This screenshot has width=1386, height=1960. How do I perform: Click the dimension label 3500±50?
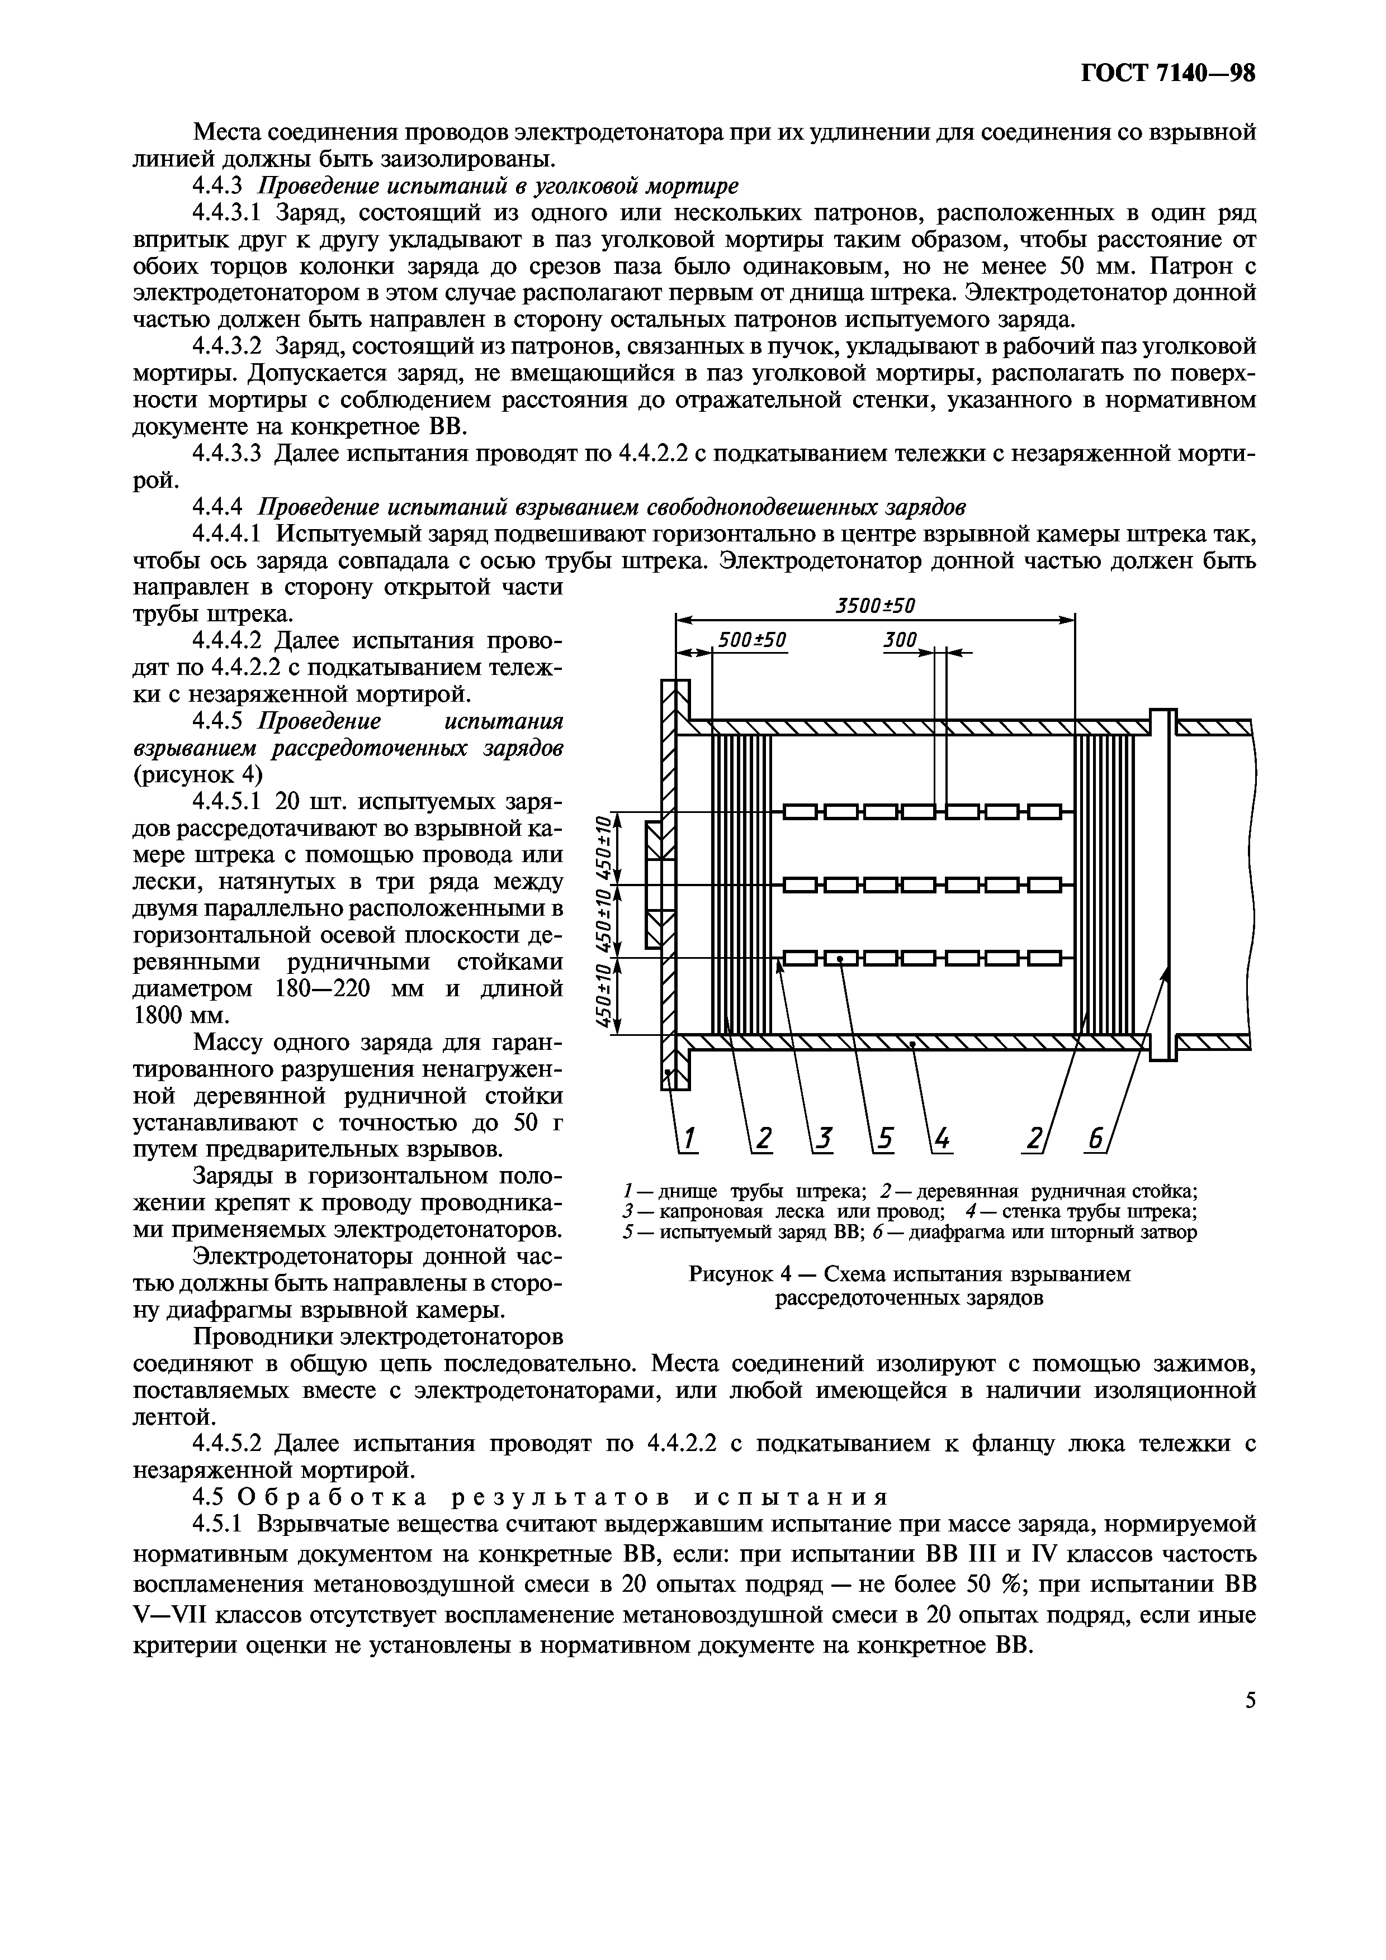click(x=874, y=605)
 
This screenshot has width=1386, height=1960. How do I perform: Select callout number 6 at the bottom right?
click(x=1096, y=1139)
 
